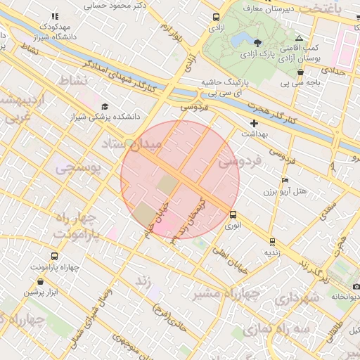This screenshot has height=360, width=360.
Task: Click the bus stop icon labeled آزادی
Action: click(215, 18)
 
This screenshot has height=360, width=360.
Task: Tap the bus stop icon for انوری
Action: click(233, 215)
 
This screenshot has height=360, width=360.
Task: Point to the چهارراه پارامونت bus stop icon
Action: click(54, 257)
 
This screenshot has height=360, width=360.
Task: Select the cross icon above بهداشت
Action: click(254, 123)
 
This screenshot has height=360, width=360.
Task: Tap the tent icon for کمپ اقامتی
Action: click(300, 39)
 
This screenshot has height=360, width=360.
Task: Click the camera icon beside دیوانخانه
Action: click(356, 287)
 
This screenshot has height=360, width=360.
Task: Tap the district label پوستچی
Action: click(79, 169)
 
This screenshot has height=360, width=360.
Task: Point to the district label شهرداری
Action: click(293, 299)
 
